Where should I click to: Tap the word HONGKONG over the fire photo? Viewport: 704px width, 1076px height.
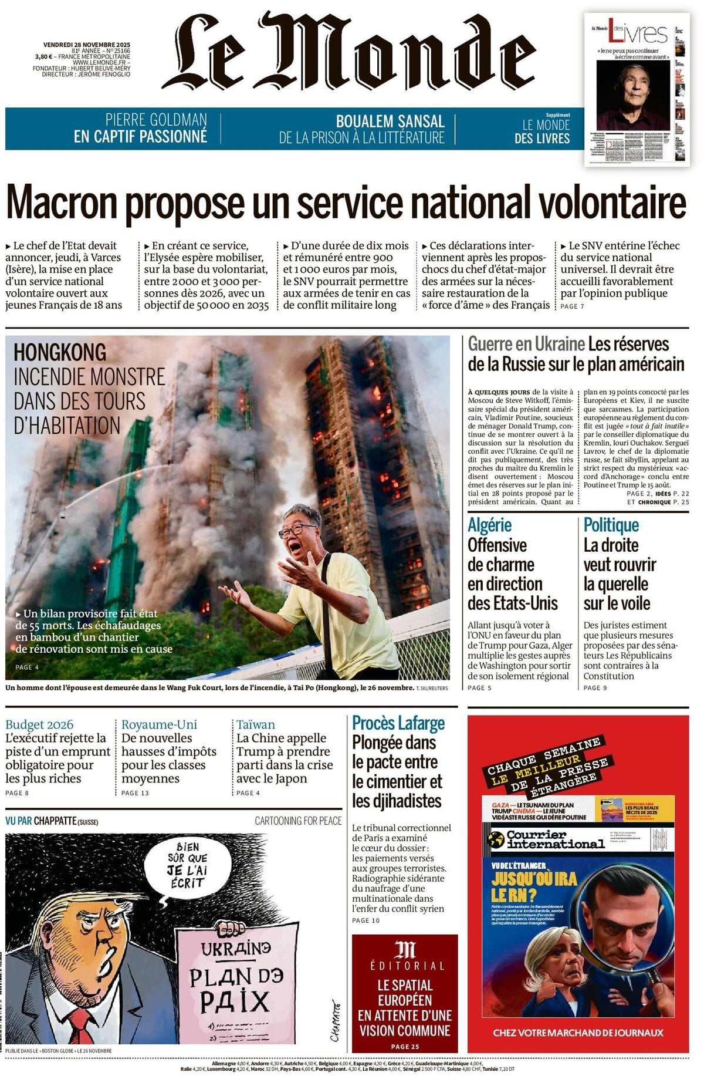60,352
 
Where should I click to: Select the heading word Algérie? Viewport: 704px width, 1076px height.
489,525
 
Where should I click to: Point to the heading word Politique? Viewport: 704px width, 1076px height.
611,525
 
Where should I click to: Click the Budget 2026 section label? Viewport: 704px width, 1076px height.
39,724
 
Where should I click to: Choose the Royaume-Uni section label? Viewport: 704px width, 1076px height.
159,724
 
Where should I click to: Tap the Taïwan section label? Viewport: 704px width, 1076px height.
256,724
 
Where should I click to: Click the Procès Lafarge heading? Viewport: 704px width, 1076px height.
398,723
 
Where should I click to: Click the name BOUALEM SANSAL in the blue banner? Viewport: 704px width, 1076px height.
390,122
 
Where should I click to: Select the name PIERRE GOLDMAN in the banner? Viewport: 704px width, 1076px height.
156,120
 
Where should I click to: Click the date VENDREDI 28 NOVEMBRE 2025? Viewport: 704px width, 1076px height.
87,45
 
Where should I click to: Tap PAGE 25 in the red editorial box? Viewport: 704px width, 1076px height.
405,1046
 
